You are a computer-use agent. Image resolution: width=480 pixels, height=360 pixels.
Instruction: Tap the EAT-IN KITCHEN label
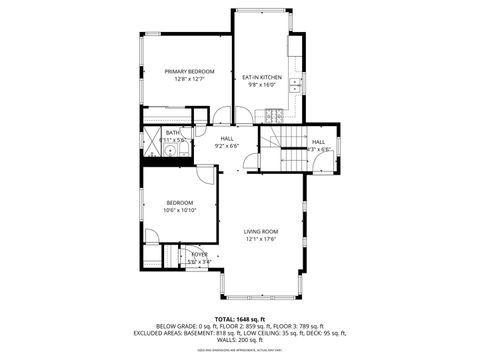point(262,77)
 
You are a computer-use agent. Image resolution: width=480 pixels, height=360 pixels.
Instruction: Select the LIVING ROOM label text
point(260,231)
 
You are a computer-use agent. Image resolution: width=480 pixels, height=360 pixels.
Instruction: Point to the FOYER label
point(199,255)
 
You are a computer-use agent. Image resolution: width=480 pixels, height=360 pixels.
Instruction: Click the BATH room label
point(173,132)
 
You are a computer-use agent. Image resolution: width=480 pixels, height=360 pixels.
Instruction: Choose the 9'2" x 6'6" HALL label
point(227,139)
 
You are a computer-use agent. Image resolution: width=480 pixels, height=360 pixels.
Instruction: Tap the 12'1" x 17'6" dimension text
point(260,238)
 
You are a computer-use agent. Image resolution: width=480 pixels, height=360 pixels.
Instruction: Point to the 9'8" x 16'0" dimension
point(262,84)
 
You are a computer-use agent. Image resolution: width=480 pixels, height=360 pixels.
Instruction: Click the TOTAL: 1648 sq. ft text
point(240,318)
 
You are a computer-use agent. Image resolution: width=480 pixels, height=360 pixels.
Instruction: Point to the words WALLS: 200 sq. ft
point(240,339)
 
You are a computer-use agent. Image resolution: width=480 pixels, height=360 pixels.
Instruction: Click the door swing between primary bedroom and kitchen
point(224,114)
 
